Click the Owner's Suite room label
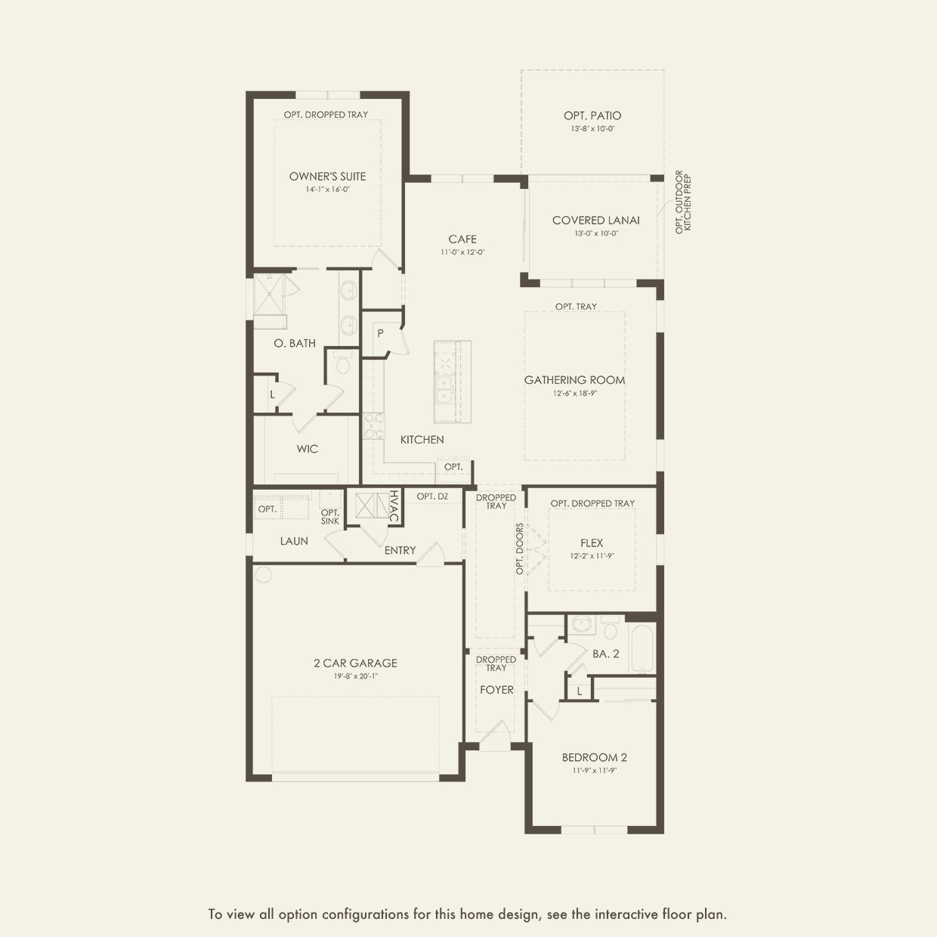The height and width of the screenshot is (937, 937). click(327, 177)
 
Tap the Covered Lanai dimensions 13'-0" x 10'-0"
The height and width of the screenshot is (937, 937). click(596, 233)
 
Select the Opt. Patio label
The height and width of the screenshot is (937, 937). click(592, 116)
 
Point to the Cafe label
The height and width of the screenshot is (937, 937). click(462, 240)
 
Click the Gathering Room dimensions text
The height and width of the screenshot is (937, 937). click(575, 393)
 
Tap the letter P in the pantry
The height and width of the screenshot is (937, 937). click(380, 333)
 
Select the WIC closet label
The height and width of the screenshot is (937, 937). click(308, 449)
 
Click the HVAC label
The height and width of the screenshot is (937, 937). click(394, 506)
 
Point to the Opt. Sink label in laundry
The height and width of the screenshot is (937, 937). click(329, 517)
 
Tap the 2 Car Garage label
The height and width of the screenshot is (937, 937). click(355, 663)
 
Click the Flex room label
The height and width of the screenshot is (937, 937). click(592, 543)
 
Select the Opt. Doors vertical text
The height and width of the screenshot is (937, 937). click(520, 549)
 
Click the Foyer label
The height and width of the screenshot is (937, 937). click(496, 689)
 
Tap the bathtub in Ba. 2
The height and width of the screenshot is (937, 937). click(641, 648)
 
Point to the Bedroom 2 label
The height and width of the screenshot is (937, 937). click(595, 757)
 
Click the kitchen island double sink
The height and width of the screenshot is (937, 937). click(444, 389)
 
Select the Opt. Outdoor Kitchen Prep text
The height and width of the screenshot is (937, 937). click(682, 202)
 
